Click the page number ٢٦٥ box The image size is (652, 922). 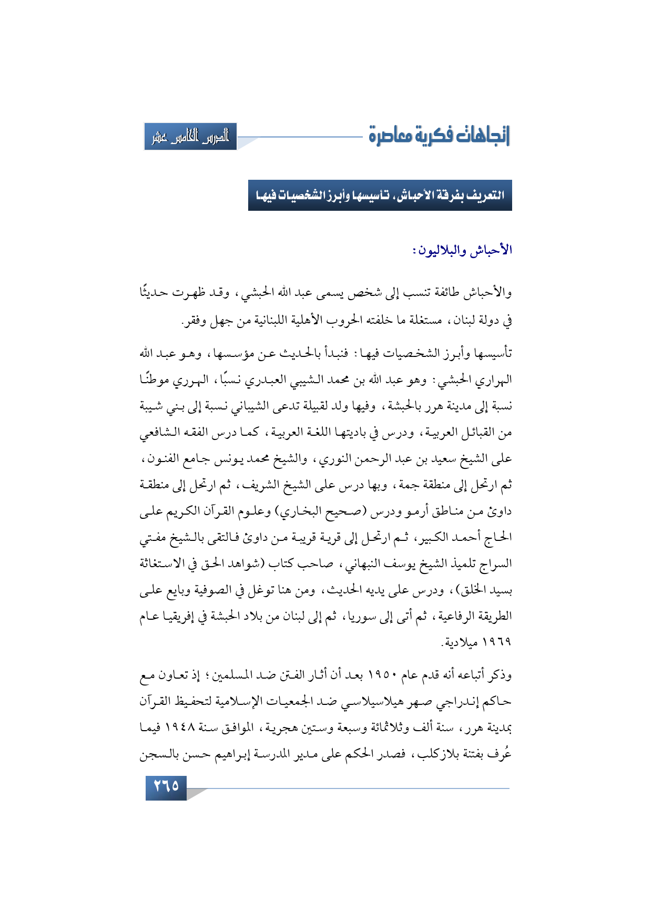pos(166,786)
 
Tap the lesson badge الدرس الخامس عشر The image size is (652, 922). pos(190,137)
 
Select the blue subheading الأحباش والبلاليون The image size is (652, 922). pos(462,250)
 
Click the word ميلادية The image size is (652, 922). pos(462,642)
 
